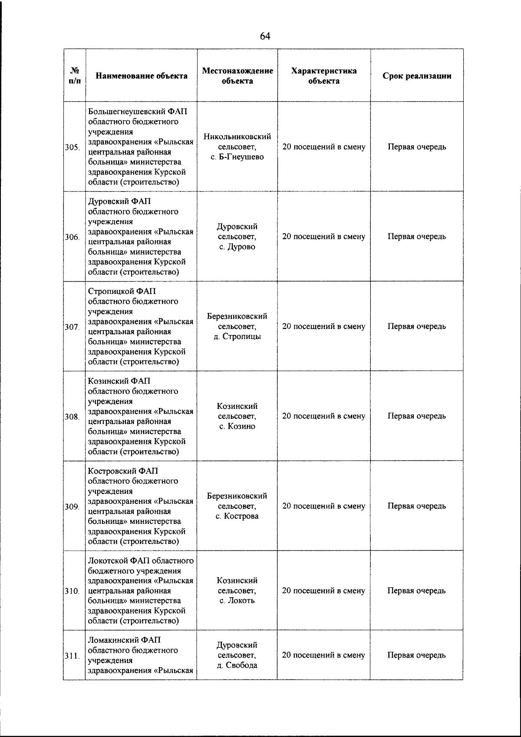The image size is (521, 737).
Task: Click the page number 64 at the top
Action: tap(265, 36)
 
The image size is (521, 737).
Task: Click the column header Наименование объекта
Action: tap(142, 76)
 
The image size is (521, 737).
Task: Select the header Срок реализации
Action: tap(416, 76)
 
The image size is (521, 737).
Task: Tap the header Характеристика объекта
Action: tap(323, 76)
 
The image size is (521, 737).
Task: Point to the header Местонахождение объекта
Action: tap(237, 76)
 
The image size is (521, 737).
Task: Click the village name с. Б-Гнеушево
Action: tap(237, 157)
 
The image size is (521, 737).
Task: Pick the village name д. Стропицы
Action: tap(237, 337)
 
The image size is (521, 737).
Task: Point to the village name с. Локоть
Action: tap(237, 601)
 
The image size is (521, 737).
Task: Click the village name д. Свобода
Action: tap(237, 665)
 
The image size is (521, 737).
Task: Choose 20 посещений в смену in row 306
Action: tap(323, 237)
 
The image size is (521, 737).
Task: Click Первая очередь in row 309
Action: tap(416, 506)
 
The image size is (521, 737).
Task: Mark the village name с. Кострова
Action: tap(237, 516)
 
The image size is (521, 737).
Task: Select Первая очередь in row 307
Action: tap(416, 326)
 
